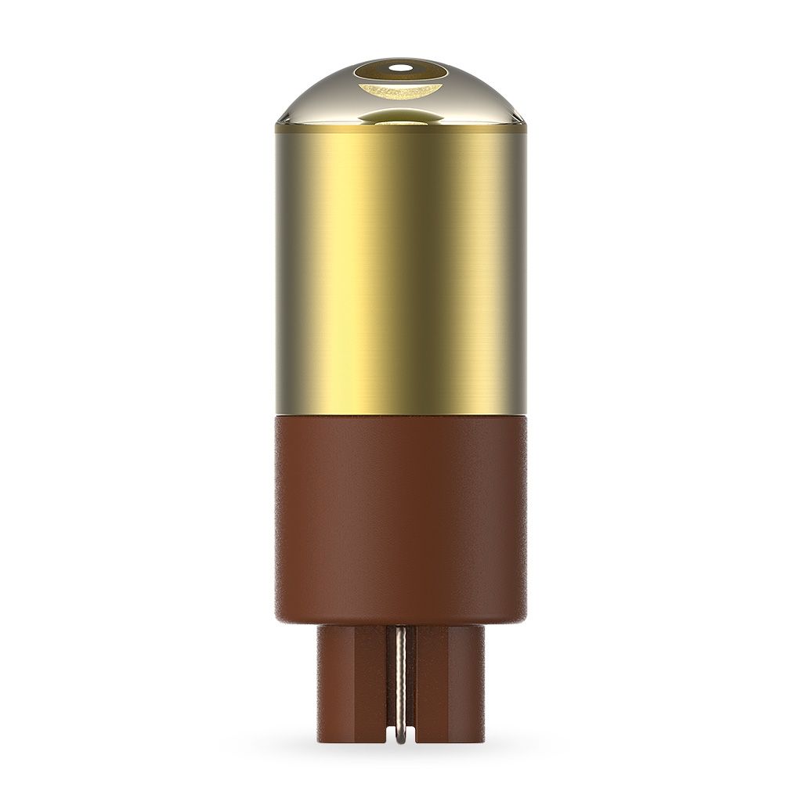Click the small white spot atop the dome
point(401,67)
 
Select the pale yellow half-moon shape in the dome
point(399,93)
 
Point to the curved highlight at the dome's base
point(401,117)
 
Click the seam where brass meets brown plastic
point(401,414)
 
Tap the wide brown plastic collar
point(401,517)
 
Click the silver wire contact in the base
point(400,674)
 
